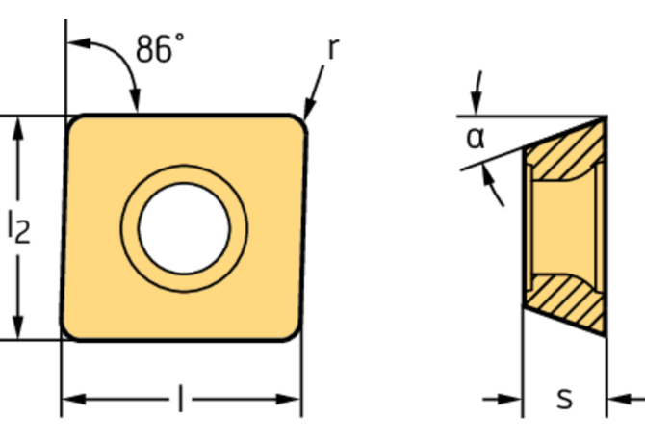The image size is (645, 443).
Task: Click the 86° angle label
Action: click(x=158, y=48)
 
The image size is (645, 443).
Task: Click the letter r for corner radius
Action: click(x=332, y=49)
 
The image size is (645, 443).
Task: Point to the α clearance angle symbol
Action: click(x=475, y=139)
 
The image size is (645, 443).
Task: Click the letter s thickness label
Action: click(x=565, y=397)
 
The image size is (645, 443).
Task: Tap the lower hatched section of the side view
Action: click(x=568, y=299)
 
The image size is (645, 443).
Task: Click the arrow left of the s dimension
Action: click(x=511, y=397)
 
